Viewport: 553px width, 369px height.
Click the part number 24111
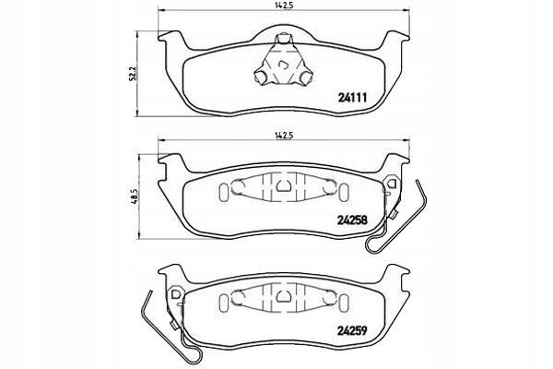[352, 98]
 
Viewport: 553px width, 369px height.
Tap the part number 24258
[352, 220]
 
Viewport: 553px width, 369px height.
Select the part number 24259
[352, 330]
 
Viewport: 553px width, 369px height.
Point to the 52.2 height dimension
[132, 74]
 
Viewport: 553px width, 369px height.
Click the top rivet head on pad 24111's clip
[284, 38]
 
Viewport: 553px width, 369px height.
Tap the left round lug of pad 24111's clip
[261, 77]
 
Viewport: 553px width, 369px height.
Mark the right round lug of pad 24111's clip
[306, 77]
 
